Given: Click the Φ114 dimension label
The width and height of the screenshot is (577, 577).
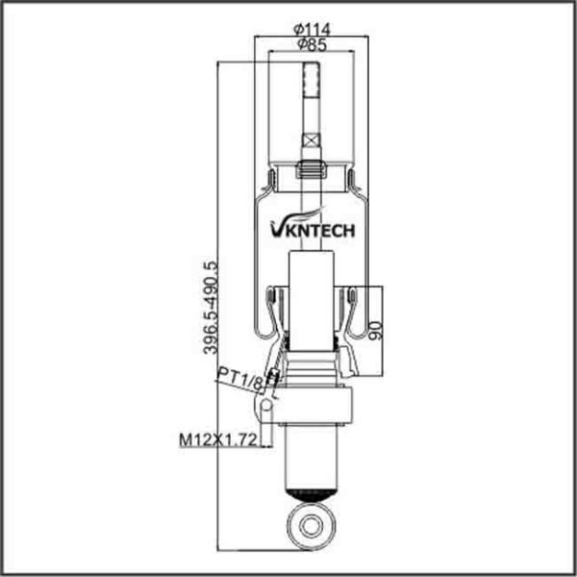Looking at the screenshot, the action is point(312,30).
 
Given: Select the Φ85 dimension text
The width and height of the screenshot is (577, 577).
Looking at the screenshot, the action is point(312,45).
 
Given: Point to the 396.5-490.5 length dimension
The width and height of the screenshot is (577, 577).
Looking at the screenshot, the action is point(211,308).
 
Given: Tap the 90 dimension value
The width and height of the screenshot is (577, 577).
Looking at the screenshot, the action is point(376,330).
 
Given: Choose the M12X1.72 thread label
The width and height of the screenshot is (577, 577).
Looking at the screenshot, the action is point(217,439).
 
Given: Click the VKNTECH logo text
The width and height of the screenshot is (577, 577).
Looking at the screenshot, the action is point(313,231).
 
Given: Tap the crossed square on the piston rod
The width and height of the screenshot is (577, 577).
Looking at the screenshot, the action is point(312,140).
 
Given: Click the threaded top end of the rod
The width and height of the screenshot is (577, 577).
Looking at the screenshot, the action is point(312,80).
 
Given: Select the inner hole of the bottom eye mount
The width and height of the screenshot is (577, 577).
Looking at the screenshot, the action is point(312,525).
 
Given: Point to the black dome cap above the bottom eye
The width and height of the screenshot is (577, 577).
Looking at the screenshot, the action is point(312,494).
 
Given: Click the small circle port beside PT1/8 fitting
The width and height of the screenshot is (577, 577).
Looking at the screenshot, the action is point(267,405).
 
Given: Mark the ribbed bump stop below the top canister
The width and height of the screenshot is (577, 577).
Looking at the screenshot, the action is point(312,169).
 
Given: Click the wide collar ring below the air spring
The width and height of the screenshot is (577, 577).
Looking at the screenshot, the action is point(312,405).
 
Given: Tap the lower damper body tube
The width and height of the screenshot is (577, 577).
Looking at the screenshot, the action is point(312,457).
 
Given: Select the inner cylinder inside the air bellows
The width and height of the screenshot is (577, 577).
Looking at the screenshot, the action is point(312,300).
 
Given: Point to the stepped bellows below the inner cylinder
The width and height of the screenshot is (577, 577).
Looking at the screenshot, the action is point(312,368).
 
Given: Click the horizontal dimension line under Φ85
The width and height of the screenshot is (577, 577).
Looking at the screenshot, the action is point(312,52).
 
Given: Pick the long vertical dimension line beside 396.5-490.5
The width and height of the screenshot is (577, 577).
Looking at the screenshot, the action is point(218,306).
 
